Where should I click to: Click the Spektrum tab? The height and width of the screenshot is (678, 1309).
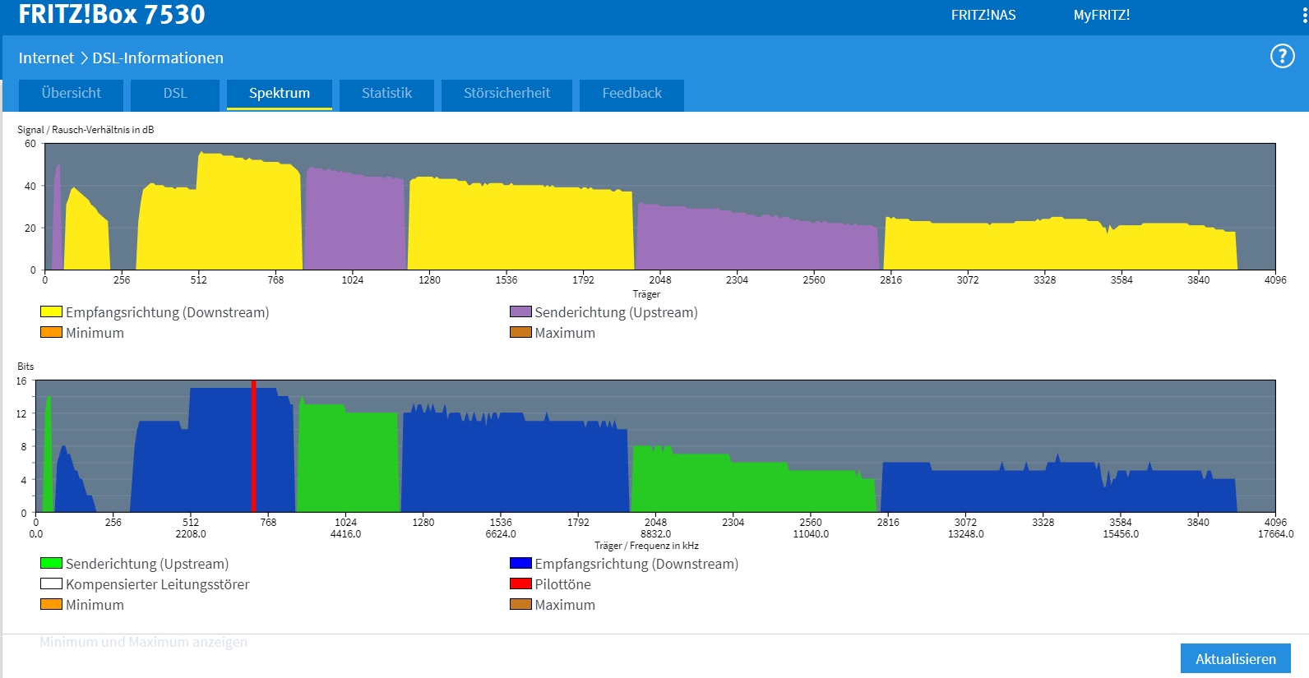pos(280,94)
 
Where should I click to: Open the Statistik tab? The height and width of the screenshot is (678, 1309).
pos(386,94)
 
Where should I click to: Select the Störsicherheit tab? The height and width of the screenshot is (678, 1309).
pos(506,94)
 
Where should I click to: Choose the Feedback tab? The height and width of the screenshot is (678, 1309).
pos(631,94)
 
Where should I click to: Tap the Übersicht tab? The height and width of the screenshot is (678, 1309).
pos(72,94)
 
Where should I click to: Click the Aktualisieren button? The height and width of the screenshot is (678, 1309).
pos(1235,659)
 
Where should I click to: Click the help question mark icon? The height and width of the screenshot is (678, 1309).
pos(1282,56)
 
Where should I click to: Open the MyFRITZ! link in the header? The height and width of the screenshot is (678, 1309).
pos(1101,15)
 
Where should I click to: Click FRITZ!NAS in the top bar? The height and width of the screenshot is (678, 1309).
pos(983,15)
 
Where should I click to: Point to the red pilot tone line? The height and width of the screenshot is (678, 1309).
pos(253,448)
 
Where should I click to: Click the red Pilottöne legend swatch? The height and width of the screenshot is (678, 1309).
pos(520,584)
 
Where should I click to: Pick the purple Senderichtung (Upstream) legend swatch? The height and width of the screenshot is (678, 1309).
pos(520,312)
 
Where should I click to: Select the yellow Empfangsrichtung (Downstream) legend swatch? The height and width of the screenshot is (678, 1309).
pos(51,312)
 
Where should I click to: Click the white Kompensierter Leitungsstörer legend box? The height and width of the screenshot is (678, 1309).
pos(51,584)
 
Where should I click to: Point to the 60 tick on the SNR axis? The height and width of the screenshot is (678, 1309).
pos(30,144)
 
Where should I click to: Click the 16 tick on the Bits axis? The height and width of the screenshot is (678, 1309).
pos(21,381)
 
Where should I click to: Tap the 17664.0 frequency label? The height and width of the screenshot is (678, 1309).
pos(1275,534)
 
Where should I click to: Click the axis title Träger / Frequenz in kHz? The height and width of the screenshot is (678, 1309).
pos(646,546)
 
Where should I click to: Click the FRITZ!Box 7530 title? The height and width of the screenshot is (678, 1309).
pos(112,14)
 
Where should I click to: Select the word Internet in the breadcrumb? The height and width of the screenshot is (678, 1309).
pos(46,58)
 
